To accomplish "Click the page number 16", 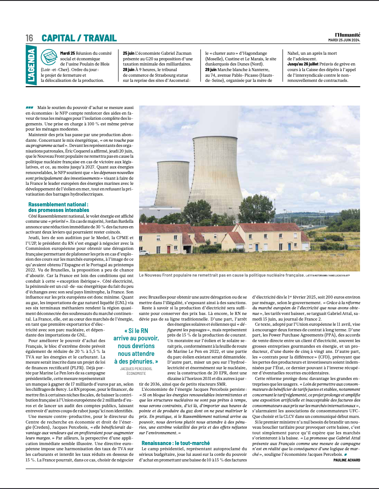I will point(29,38).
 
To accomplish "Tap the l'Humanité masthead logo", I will point(348,34).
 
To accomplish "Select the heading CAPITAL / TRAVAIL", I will point(79,38).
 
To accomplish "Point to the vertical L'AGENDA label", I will point(31,67).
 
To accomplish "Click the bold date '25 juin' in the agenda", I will point(128,53).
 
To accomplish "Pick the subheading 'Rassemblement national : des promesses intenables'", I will point(59,207).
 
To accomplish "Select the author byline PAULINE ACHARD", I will point(347,460).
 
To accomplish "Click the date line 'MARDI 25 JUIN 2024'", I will point(344,40).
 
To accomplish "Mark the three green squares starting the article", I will point(29,107).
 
